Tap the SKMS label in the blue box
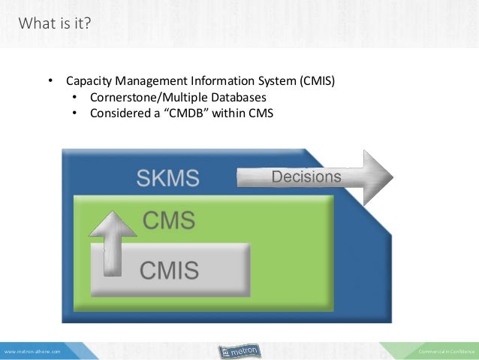click(167, 178)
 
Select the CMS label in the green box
click(169, 221)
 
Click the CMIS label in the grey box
click(170, 268)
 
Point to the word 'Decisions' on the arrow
click(306, 177)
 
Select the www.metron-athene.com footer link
click(32, 351)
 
